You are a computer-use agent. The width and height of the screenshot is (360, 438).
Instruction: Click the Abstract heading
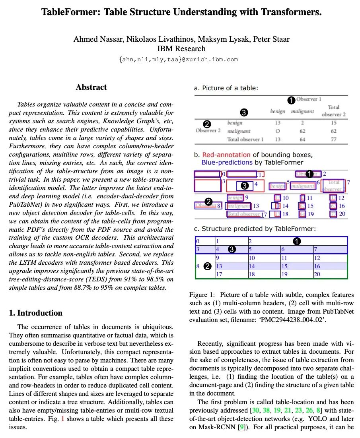click(91, 87)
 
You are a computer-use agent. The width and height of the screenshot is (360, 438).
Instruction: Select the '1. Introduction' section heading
click(36, 313)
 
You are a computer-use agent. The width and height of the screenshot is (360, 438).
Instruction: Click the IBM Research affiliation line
click(181, 49)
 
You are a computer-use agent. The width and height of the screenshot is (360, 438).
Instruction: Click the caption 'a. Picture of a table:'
click(226, 88)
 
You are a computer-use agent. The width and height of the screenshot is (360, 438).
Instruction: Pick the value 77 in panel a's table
click(333, 139)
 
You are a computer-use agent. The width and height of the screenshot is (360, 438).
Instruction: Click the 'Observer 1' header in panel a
click(309, 99)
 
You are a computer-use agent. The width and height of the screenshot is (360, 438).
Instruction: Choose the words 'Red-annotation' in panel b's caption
click(226, 155)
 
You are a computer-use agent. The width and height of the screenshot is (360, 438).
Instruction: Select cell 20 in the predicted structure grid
click(317, 274)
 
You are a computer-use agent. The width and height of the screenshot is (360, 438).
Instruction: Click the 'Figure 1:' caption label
click(203, 295)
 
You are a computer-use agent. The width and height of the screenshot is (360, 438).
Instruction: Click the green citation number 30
click(253, 410)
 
